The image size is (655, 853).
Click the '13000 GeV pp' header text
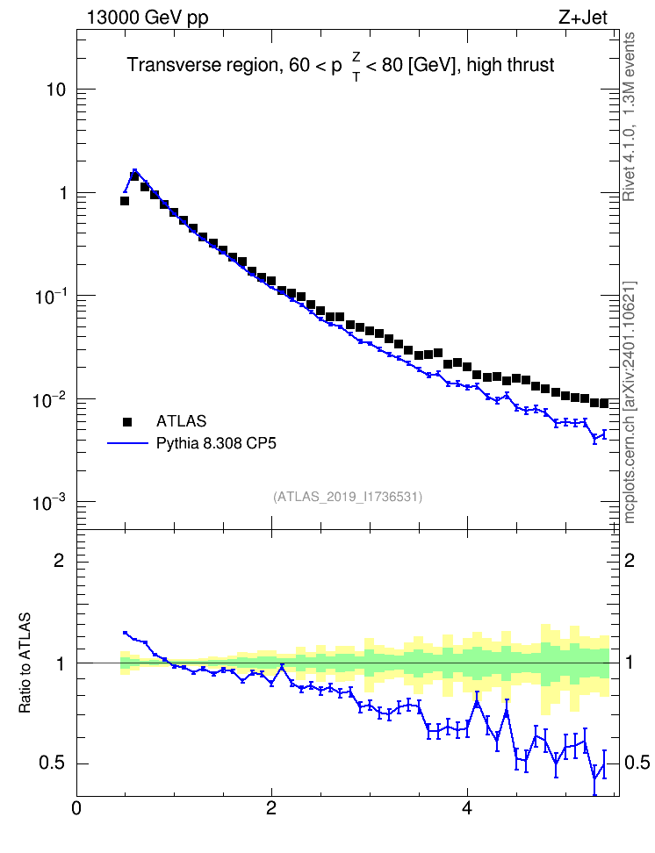pyautogui.click(x=148, y=18)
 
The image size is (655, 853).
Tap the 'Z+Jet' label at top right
pyautogui.click(x=583, y=18)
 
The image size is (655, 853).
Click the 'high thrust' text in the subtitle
pyautogui.click(x=510, y=65)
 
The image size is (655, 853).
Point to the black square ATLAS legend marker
pyautogui.click(x=127, y=421)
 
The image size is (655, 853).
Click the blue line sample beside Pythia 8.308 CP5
pyautogui.click(x=128, y=443)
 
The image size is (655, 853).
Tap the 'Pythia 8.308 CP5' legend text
pyautogui.click(x=216, y=444)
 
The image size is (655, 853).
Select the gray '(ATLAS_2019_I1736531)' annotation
pyautogui.click(x=348, y=497)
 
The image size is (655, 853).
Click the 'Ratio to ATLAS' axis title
pyautogui.click(x=25, y=663)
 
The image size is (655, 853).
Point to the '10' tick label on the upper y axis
pyautogui.click(x=55, y=90)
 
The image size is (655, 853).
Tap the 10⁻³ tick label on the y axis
pyautogui.click(x=48, y=502)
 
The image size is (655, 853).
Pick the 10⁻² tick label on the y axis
pyautogui.click(x=48, y=400)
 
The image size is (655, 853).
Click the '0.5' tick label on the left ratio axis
pyautogui.click(x=53, y=763)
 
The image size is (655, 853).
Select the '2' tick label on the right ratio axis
pyautogui.click(x=630, y=560)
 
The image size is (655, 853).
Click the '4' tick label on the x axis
pyautogui.click(x=466, y=808)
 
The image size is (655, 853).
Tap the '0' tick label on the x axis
pyautogui.click(x=76, y=808)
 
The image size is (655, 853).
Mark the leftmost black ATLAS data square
pyautogui.click(x=125, y=201)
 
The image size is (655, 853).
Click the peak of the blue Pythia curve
pyautogui.click(x=134, y=170)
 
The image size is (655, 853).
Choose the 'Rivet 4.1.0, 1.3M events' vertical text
pyautogui.click(x=629, y=117)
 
